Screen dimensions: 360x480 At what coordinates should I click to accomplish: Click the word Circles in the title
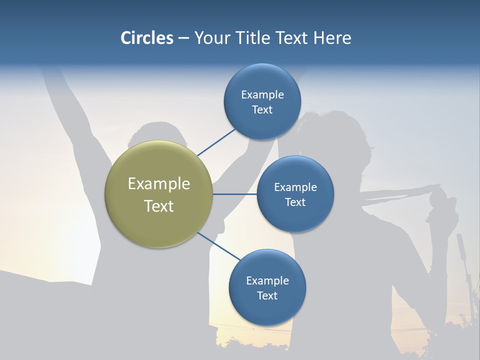coord(146,38)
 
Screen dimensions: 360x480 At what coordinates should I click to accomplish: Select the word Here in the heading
coord(332,38)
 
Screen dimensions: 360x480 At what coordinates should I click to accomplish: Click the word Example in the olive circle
coord(159,184)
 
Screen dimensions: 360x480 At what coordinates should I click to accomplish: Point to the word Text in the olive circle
coord(159,206)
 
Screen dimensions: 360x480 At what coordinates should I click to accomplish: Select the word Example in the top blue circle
coord(262,95)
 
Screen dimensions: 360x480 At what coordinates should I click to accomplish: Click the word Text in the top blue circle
coord(262,110)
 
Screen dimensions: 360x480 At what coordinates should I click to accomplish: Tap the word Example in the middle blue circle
coord(295,187)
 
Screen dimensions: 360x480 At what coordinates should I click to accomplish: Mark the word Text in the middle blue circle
coord(295,202)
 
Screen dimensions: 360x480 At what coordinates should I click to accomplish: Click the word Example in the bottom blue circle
coord(267,281)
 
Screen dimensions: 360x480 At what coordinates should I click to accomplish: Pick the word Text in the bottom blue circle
coord(267,296)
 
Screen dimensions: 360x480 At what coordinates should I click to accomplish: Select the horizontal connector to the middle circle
coord(235,194)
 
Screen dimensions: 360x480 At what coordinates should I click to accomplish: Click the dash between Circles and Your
coord(183,38)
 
